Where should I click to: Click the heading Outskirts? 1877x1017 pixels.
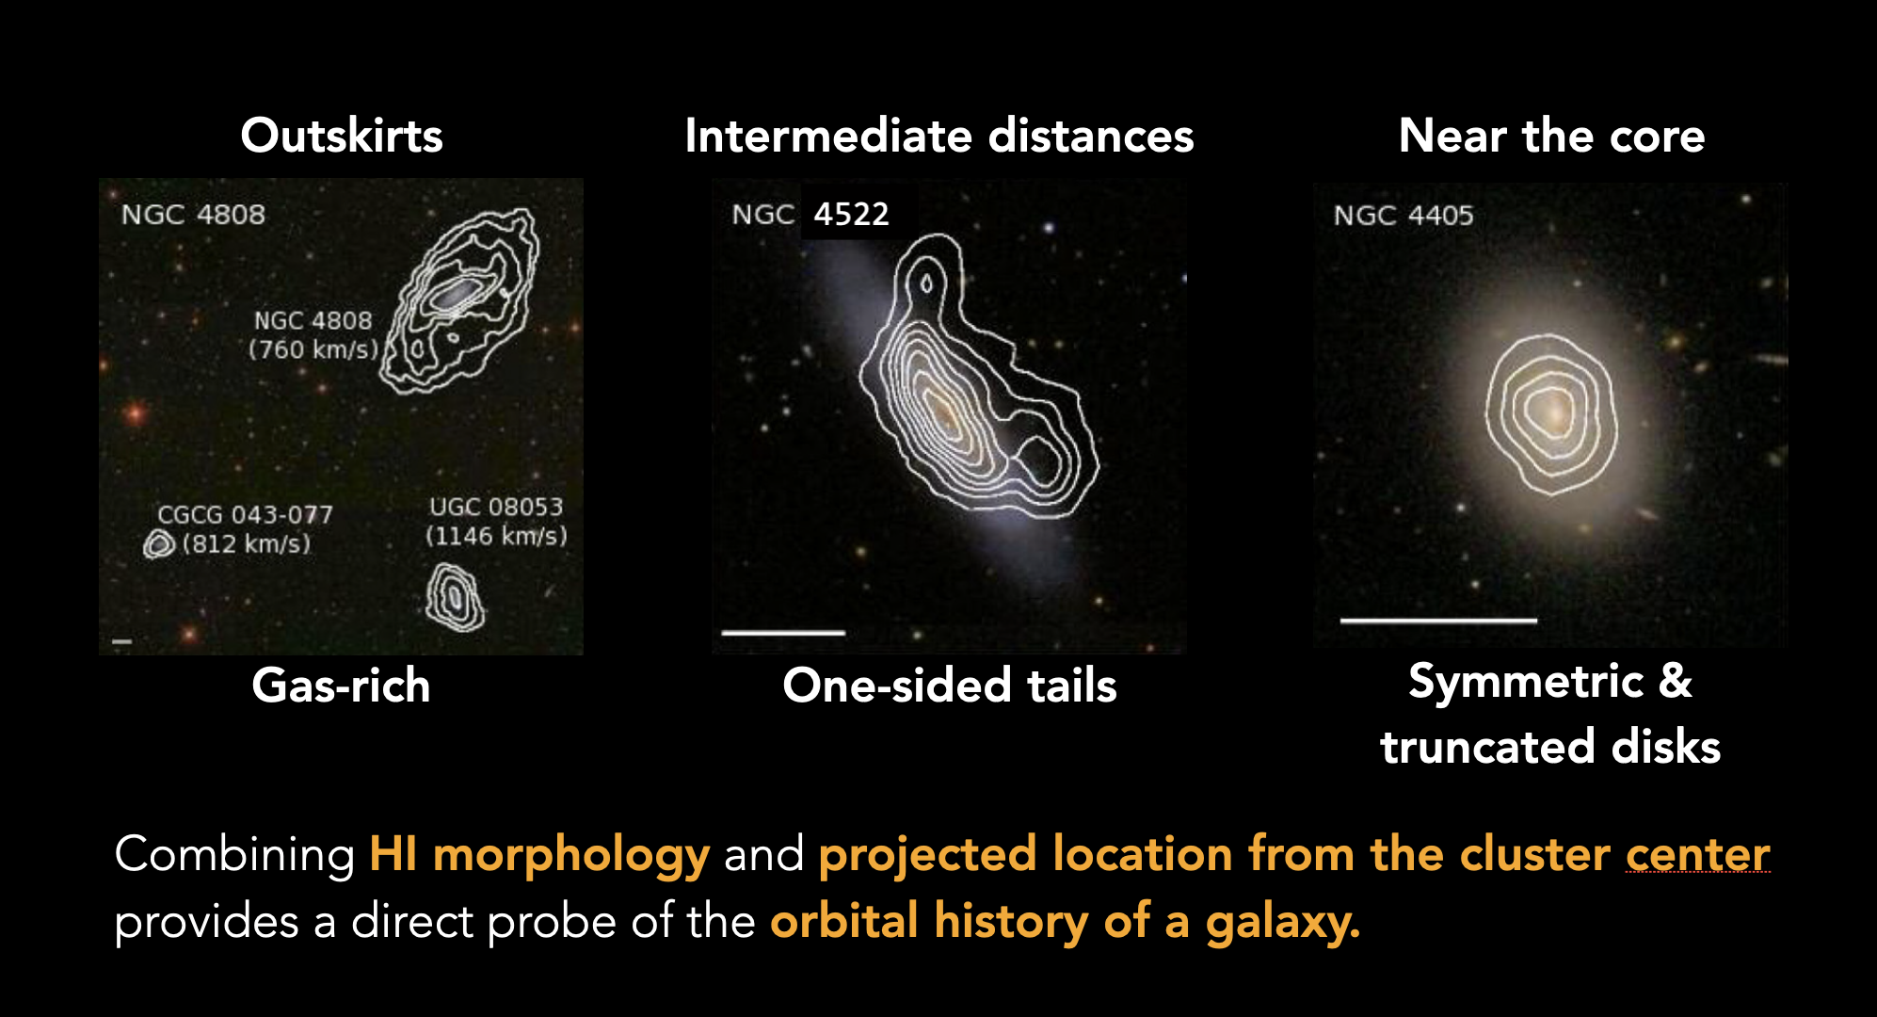pos(342,136)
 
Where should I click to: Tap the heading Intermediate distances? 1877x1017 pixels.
pos(939,136)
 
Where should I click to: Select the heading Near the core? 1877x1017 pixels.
pos(1551,136)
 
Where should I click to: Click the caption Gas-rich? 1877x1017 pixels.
pos(341,685)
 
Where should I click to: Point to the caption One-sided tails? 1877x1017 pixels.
pos(950,685)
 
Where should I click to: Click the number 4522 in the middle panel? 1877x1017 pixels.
pos(851,215)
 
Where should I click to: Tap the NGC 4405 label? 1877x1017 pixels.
pos(1404,216)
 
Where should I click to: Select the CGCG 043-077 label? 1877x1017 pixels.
pos(245,515)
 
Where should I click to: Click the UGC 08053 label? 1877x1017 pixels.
pos(496,507)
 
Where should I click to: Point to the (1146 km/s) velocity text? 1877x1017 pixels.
pos(496,536)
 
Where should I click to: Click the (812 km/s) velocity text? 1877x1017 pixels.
pos(246,543)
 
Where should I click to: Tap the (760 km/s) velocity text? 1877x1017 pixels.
pos(313,349)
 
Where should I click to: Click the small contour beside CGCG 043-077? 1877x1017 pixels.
pos(159,544)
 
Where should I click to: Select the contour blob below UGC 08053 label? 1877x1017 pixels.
pos(455,597)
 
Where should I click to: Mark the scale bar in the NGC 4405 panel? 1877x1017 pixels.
pos(1438,621)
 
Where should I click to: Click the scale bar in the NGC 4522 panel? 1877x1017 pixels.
pos(783,633)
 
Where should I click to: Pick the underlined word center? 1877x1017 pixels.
pos(1698,854)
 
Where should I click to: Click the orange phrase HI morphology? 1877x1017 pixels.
pos(539,855)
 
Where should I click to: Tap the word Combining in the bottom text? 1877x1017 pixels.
pos(234,855)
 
